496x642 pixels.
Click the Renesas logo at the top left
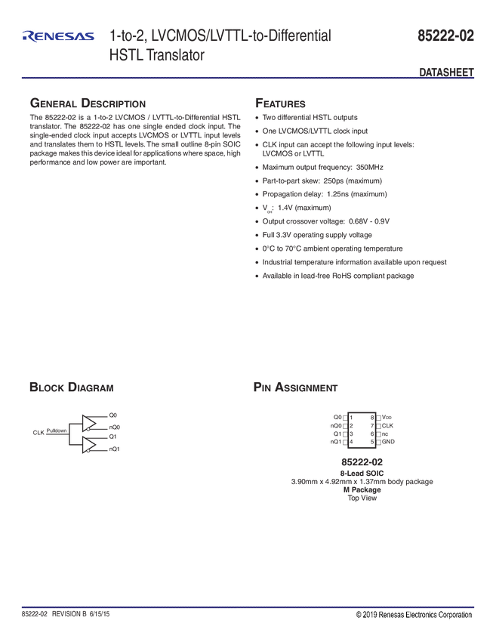58,35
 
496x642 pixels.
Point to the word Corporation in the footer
451,615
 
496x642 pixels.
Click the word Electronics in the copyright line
411,615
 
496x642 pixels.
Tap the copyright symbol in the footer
359,615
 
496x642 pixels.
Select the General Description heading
87,103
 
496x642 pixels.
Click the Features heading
280,103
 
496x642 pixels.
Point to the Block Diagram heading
71,388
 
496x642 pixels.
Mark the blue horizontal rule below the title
248,78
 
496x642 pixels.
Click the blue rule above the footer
248,606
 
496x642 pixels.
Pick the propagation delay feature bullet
324,194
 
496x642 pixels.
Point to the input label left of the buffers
48,433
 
